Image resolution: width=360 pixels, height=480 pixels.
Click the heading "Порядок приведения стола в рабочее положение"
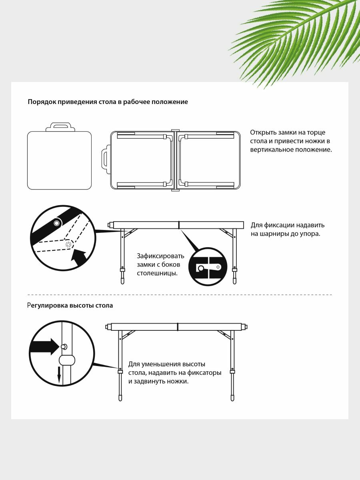point(108,102)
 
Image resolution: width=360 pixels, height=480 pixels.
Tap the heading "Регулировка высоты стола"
point(70,306)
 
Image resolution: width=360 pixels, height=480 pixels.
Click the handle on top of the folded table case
point(60,127)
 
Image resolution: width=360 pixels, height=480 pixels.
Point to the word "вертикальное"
point(272,150)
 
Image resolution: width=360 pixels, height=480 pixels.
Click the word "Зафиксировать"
point(160,256)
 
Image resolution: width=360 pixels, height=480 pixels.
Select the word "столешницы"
point(157,274)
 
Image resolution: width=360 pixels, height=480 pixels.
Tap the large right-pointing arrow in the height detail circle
point(44,346)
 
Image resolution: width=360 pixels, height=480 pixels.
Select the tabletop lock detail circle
point(208,267)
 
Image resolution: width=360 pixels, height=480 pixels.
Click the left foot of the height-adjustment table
point(120,398)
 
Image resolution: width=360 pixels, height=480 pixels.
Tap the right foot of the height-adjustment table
point(232,398)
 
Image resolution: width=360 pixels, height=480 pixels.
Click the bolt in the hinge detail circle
point(57,222)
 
